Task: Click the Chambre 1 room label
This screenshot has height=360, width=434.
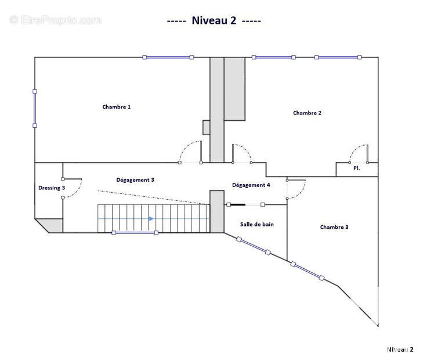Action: [117, 107]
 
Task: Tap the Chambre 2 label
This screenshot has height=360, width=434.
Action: [308, 113]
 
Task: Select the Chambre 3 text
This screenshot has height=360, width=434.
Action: [334, 227]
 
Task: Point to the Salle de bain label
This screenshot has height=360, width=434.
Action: [257, 224]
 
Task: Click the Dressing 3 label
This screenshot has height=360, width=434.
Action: [52, 188]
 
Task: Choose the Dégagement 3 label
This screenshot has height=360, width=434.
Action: [135, 180]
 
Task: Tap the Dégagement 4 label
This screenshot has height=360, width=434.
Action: [251, 185]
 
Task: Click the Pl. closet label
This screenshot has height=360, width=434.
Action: [357, 168]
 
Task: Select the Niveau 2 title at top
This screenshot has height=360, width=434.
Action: [214, 20]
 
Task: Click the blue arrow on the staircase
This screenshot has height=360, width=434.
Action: [151, 219]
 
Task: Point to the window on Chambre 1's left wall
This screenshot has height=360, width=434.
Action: [35, 109]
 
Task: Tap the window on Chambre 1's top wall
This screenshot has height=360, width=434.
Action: [168, 57]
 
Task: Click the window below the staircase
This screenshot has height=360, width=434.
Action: [135, 233]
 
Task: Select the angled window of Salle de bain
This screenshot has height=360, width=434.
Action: [253, 246]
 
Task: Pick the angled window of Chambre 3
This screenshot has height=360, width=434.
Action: [308, 271]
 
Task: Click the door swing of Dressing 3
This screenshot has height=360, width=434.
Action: [72, 188]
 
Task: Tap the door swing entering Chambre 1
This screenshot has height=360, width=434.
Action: [190, 152]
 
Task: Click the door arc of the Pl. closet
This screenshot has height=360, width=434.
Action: [359, 154]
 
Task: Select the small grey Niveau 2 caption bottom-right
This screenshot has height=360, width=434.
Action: [400, 350]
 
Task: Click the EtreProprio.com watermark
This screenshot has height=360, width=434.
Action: [55, 20]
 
